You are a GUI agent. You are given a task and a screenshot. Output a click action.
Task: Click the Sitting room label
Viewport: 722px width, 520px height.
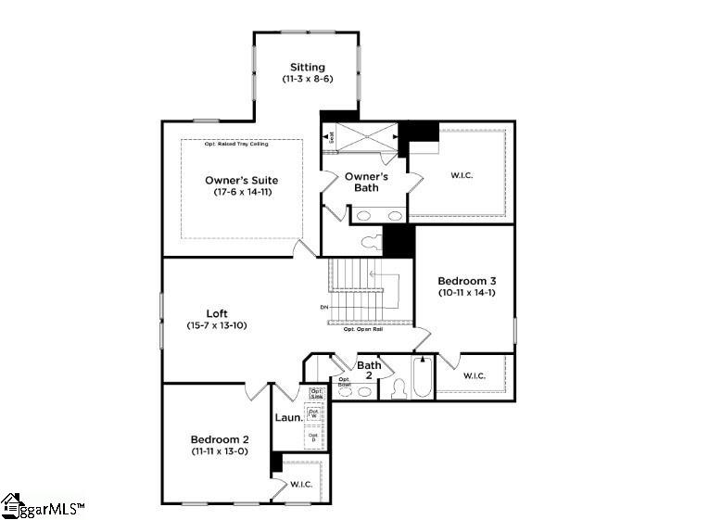[307, 67]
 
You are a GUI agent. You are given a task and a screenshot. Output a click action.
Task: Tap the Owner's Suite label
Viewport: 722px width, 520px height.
[241, 180]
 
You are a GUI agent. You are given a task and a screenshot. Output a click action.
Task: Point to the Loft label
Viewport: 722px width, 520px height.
[217, 313]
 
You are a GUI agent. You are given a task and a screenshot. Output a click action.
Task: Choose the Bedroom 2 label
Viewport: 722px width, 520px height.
[217, 439]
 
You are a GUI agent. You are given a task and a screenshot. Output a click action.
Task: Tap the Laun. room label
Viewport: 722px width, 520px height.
[288, 418]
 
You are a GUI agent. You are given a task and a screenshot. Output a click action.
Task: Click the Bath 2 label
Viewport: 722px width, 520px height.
[369, 370]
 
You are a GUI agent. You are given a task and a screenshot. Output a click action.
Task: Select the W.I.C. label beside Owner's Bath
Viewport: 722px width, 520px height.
[462, 175]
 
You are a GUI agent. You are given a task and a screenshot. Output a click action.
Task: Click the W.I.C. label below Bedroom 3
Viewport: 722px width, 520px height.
[474, 375]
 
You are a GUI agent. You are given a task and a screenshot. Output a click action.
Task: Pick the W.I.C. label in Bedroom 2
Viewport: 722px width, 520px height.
[300, 484]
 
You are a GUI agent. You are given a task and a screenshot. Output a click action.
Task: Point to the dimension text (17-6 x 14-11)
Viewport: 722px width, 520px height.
[241, 192]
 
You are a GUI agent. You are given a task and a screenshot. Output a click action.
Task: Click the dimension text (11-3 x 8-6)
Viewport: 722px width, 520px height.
[307, 80]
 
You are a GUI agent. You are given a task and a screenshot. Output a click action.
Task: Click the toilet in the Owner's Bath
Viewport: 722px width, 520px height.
[370, 243]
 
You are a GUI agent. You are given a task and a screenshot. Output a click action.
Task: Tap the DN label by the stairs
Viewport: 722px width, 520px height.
[323, 307]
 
